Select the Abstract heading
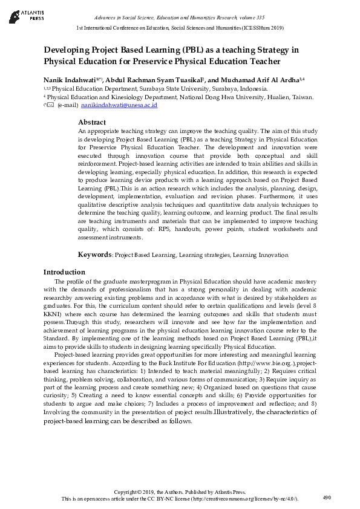coord(92,122)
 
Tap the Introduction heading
coord(64,272)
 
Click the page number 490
coord(327,498)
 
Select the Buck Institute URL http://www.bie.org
coord(270,361)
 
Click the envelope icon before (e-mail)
coord(49,105)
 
